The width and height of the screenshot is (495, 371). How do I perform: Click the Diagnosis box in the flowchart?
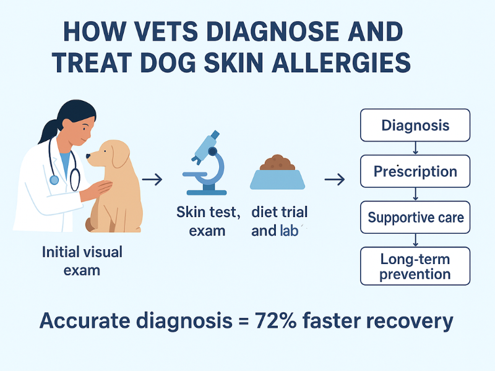[x=415, y=126]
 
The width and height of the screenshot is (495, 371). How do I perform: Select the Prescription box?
[x=415, y=171]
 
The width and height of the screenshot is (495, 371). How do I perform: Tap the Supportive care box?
[x=415, y=217]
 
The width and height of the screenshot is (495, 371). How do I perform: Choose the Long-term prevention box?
[x=415, y=266]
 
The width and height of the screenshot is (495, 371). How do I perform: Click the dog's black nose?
[x=88, y=156]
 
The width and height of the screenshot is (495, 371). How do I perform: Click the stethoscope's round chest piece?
[x=54, y=180]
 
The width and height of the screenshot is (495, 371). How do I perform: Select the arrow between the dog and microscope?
[x=152, y=179]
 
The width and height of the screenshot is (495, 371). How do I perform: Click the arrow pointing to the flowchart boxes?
[x=334, y=179]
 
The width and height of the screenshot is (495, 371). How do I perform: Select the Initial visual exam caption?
[x=82, y=261]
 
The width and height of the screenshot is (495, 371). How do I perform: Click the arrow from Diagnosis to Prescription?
[x=415, y=148]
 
